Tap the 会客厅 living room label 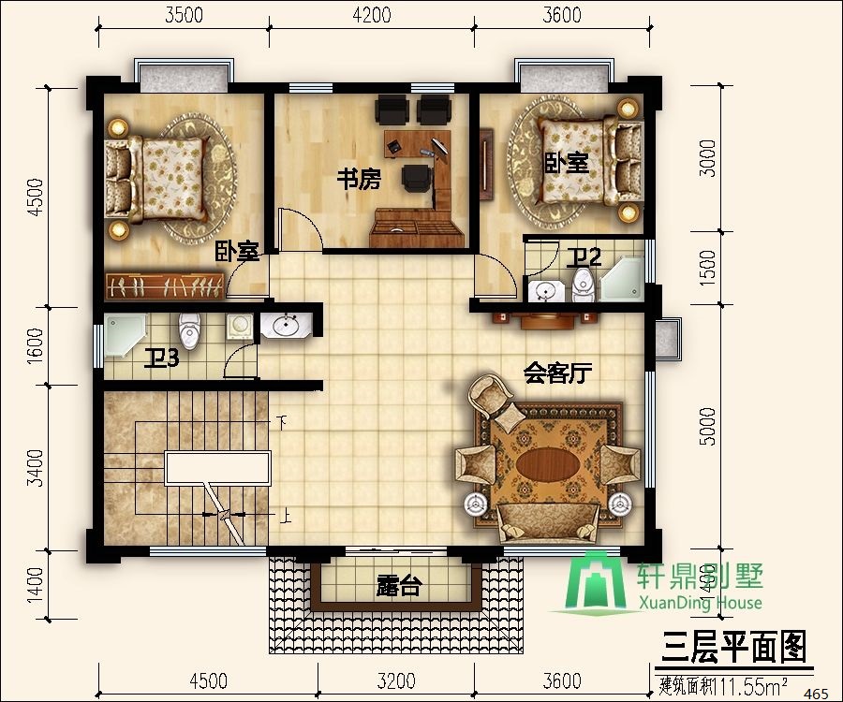coord(557,374)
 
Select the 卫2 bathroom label coord(588,256)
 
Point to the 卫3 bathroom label coord(161,359)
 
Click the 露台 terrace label coord(400,587)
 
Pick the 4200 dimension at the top coord(373,15)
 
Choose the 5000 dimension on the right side coord(708,426)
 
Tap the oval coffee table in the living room coord(547,464)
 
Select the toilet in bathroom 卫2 coord(586,283)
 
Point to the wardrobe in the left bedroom coord(164,285)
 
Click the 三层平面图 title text coord(734,646)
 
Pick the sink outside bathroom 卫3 coord(286,327)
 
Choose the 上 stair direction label coord(283,515)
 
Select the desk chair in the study coord(416,177)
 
